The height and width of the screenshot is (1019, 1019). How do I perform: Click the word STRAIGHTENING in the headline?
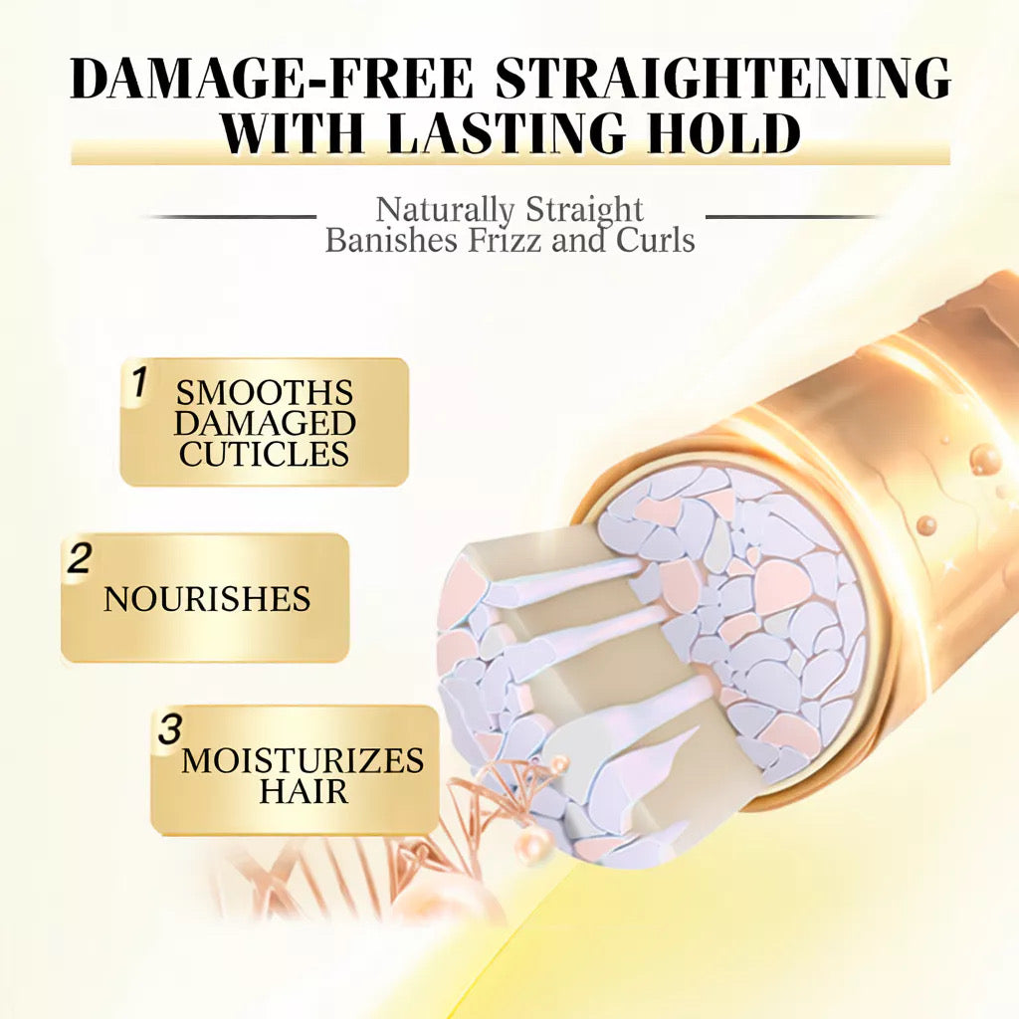[723, 79]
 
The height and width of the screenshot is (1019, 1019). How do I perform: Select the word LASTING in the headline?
[530, 133]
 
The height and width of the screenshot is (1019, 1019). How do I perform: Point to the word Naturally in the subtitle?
[444, 210]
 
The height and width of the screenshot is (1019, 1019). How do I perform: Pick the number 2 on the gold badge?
[79, 558]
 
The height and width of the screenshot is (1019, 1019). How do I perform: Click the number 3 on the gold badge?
[170, 728]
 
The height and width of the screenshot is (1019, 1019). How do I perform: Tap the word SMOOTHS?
[265, 392]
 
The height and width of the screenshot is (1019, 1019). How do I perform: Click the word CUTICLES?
[265, 455]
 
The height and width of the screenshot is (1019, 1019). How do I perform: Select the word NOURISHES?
[207, 599]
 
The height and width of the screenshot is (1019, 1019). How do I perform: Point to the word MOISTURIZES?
[303, 761]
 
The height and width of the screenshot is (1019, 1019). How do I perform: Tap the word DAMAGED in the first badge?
[265, 423]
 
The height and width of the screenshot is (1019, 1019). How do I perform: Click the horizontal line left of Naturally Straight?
[231, 216]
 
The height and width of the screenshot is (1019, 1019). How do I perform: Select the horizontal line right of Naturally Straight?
[791, 216]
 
